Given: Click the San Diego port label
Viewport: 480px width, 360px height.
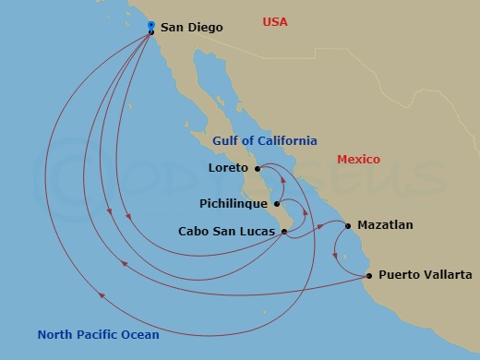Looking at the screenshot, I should (191, 28).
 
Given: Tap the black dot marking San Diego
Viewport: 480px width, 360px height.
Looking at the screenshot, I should (151, 32).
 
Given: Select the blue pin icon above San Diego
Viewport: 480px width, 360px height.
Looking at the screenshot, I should (150, 25).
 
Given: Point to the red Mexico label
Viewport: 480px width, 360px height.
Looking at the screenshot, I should (358, 160).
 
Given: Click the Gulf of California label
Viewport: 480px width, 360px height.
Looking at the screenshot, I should (264, 141).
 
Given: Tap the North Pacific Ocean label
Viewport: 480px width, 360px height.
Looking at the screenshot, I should (98, 335).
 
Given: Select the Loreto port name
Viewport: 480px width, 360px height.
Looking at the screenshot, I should (230, 169).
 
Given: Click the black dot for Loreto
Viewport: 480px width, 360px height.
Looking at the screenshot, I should (258, 169).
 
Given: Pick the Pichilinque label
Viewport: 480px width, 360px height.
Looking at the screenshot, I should (234, 203).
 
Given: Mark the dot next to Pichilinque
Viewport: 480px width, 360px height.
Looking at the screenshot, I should (276, 203).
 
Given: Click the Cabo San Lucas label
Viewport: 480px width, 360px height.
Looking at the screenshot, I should (227, 232).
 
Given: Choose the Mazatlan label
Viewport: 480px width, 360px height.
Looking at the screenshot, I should (385, 224).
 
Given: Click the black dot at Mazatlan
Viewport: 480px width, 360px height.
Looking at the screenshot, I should (348, 225).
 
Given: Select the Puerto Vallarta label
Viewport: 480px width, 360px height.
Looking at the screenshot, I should (426, 275).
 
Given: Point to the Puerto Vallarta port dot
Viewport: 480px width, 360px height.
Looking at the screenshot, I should (369, 275).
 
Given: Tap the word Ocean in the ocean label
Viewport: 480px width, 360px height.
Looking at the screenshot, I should (139, 335).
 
